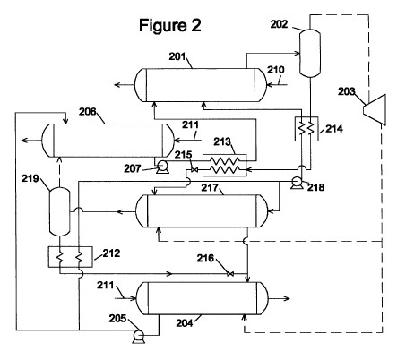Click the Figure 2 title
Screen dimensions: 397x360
tap(170, 25)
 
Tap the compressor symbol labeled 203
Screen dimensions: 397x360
tap(375, 109)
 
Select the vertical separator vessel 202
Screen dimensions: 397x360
tap(310, 53)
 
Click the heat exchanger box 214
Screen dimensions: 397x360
tap(306, 129)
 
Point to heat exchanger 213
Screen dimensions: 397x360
tap(225, 165)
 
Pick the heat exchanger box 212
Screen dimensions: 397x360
tap(70, 257)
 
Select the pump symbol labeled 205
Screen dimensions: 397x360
tap(139, 337)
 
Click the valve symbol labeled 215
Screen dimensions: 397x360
tap(194, 170)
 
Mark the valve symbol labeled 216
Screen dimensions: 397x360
tap(230, 274)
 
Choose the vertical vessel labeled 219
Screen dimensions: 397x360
tap(59, 211)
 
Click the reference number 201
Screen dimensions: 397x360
tap(177, 56)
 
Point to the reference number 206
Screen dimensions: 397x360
tap(88, 112)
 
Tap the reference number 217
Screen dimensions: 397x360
tap(210, 188)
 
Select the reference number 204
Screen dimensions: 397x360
tap(185, 323)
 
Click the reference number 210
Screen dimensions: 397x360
tap(275, 70)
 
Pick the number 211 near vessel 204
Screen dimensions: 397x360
tap(105, 286)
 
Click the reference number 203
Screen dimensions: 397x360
tap(346, 91)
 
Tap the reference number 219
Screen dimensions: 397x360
tap(30, 178)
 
